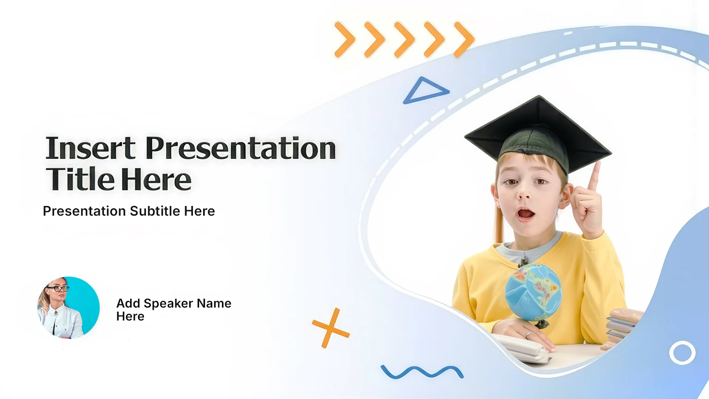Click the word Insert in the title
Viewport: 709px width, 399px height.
pos(90,148)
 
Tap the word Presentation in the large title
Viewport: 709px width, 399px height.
pos(240,148)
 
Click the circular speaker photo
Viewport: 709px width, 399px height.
pos(68,308)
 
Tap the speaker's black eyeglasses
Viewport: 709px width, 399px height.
pos(58,289)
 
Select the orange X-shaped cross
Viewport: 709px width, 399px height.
pos(331,328)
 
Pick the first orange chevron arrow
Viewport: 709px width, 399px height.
pos(345,40)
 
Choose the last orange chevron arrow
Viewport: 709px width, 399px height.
pos(464,40)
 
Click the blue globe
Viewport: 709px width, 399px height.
pos(533,293)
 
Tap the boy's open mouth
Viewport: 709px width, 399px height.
pos(526,214)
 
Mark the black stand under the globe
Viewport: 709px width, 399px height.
pos(542,324)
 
